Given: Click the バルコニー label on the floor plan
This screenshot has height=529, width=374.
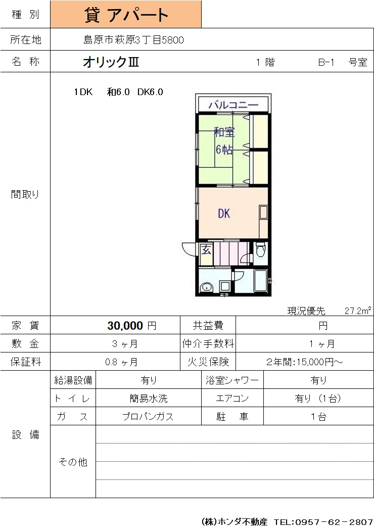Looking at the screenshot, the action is (233, 105).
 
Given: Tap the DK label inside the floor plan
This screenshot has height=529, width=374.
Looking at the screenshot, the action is (224, 213).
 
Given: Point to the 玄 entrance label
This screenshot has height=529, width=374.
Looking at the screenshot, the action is (206, 250).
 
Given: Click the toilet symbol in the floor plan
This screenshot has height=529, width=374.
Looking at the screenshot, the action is (260, 250).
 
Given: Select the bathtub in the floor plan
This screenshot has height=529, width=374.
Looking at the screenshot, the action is (260, 280).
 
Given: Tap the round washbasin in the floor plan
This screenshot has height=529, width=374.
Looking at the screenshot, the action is (206, 287).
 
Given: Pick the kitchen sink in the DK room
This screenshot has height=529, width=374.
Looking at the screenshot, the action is (263, 212).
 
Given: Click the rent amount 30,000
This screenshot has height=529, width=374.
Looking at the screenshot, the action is (125, 326).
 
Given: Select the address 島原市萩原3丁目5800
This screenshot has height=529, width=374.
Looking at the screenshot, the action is (133, 40).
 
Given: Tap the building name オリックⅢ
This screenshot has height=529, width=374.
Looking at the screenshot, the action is (111, 62).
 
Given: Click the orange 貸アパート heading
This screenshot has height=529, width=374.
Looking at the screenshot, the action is (126, 15).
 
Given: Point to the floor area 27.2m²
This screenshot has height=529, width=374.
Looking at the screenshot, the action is (358, 311).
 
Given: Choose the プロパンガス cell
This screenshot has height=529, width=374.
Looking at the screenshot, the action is (148, 417).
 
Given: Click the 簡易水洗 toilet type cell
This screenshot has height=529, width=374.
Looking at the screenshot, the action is (149, 399).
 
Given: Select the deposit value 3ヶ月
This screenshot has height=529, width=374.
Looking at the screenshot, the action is (125, 344).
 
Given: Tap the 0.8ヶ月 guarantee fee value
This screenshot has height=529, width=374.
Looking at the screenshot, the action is (121, 362).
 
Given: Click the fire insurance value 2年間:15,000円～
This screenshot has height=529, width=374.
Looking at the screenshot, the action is (305, 362).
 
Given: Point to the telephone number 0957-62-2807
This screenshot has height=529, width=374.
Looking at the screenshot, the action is (334, 522).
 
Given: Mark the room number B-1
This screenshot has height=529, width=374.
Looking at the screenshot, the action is (326, 62).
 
